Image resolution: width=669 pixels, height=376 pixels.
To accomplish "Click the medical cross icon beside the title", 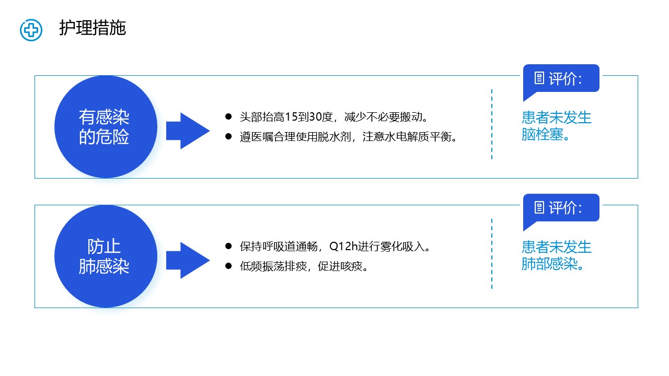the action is (x=31, y=30).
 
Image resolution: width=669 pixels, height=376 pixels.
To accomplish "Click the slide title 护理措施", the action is (x=93, y=28).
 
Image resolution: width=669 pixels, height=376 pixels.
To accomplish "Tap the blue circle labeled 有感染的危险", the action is (x=106, y=127).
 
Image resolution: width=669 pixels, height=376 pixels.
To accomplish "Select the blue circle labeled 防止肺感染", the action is (x=106, y=256).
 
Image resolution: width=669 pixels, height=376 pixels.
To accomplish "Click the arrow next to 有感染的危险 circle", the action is (x=188, y=131).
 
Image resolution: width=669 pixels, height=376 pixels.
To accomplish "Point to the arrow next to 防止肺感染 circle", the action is (x=188, y=260).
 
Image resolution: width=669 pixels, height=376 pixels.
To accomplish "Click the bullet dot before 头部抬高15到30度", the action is (x=228, y=116).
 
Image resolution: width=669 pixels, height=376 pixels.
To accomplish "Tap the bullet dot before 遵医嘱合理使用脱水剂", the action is (x=228, y=137).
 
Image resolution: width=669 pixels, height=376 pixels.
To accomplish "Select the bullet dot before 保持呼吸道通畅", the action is (x=228, y=246).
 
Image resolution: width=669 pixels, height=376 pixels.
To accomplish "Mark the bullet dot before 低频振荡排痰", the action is (x=228, y=266).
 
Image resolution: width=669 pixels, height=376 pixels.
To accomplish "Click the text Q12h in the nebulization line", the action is (x=343, y=246).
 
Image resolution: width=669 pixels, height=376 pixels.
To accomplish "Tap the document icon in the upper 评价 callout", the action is (x=539, y=78).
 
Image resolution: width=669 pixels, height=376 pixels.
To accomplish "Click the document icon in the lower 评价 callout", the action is (x=539, y=208).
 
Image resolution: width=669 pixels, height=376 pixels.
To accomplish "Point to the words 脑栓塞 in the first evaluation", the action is (x=543, y=135).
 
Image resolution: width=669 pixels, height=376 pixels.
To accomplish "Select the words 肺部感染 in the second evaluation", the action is (x=549, y=264).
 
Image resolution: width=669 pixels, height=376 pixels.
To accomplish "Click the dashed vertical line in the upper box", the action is (x=492, y=124).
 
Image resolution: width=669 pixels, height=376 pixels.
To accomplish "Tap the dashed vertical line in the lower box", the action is (x=492, y=254).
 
